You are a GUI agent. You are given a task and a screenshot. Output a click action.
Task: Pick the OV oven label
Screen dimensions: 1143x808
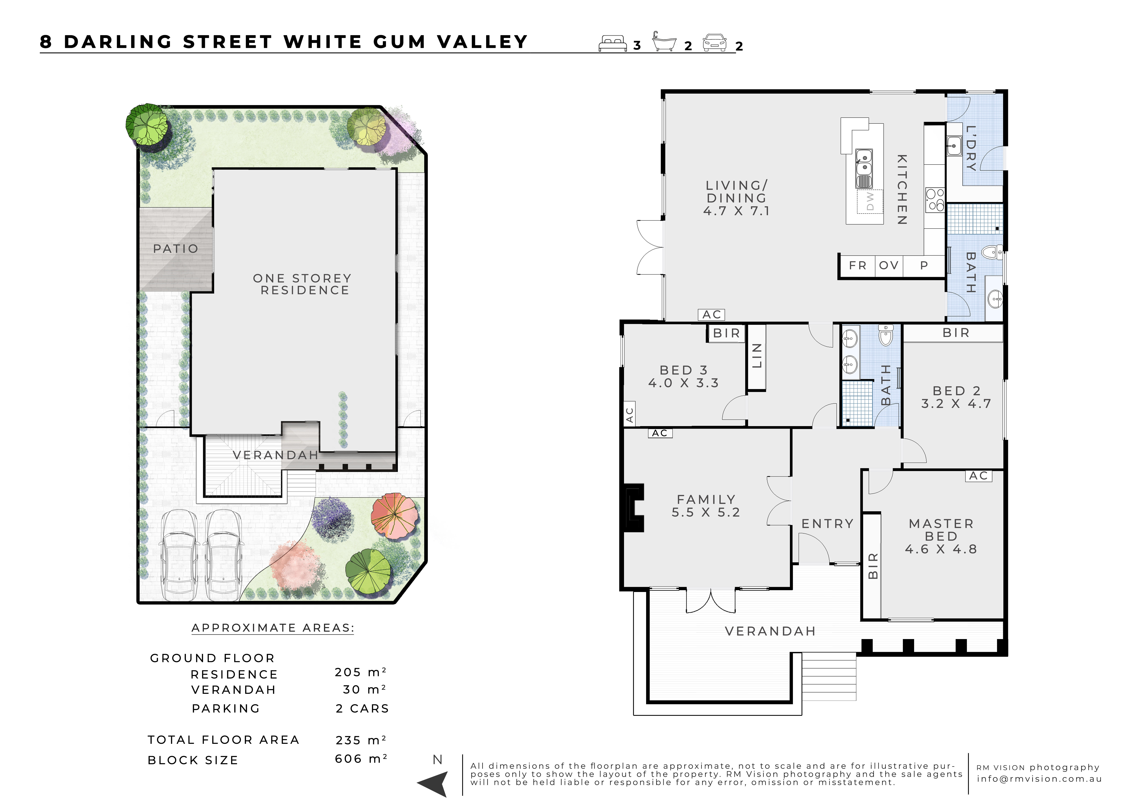tap(889, 265)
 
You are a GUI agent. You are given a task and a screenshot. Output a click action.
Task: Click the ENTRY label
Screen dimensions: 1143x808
tap(827, 524)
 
